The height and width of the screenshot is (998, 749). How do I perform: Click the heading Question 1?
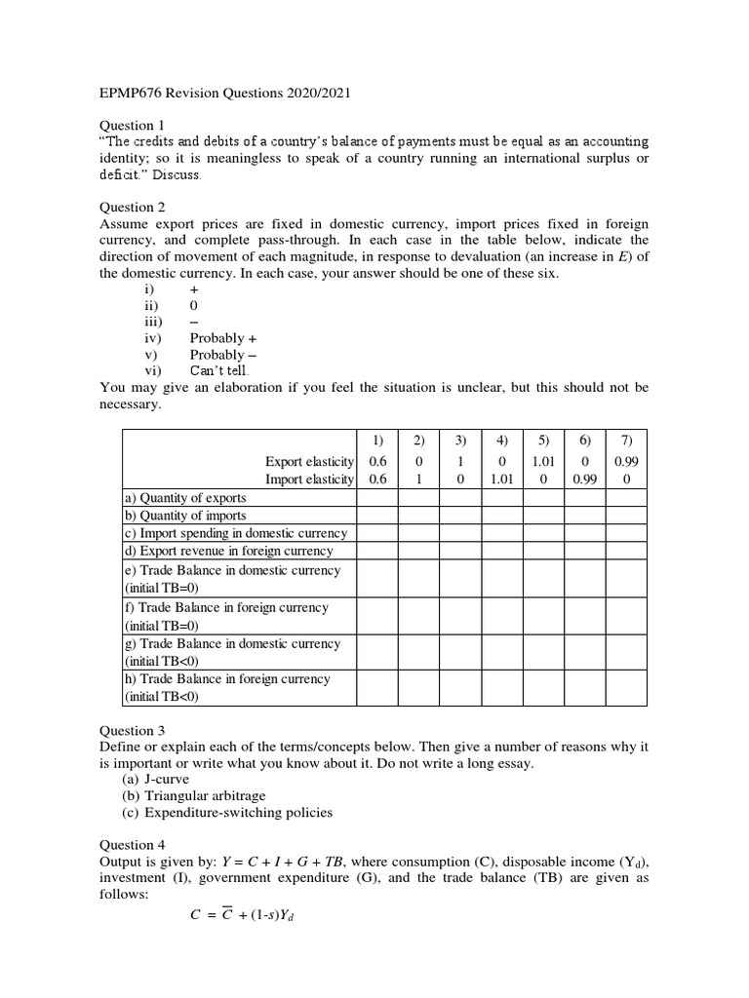click(128, 126)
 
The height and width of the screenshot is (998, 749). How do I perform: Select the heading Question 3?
click(128, 730)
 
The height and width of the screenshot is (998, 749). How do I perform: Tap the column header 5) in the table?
click(543, 441)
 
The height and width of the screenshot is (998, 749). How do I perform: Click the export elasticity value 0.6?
click(377, 461)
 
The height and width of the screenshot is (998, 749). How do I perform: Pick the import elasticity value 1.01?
click(501, 479)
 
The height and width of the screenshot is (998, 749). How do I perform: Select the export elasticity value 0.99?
click(627, 461)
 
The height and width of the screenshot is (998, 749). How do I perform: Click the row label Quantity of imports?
click(184, 516)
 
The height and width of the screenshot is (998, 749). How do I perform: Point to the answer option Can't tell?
click(219, 371)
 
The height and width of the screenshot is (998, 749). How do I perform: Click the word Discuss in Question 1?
click(177, 174)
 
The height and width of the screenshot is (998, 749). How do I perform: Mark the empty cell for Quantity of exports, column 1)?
click(377, 498)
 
